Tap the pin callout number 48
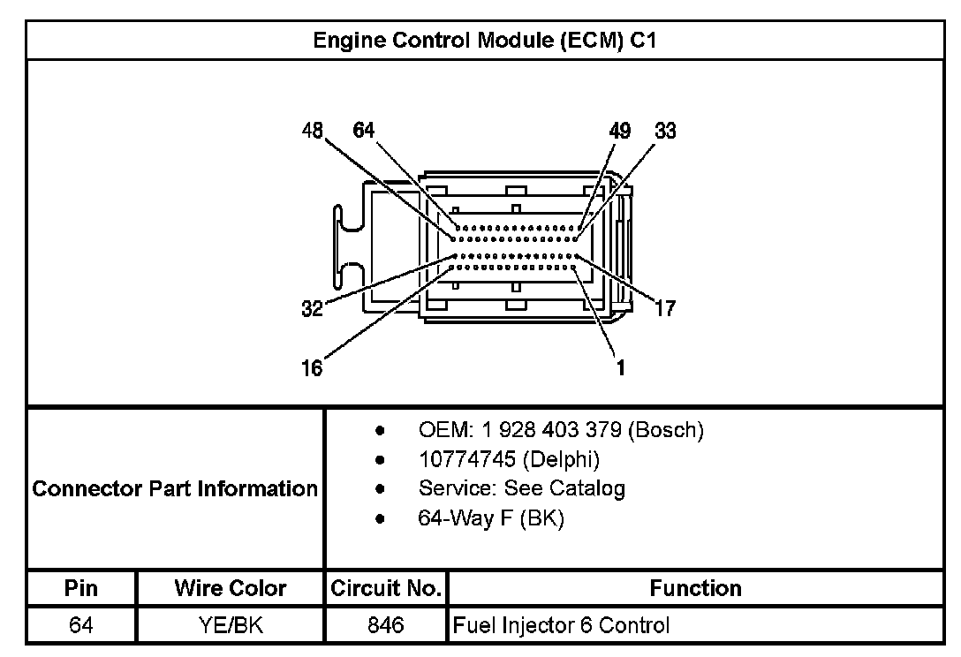click(x=313, y=132)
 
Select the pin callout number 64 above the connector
click(x=364, y=132)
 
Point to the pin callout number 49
click(x=620, y=132)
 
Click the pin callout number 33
click(x=666, y=132)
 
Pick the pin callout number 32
click(x=312, y=309)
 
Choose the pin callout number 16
click(x=312, y=368)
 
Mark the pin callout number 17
click(x=665, y=308)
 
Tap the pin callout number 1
click(x=621, y=368)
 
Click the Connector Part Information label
click(x=175, y=488)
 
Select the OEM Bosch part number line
click(x=561, y=431)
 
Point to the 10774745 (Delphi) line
click(x=509, y=459)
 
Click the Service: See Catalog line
click(x=521, y=488)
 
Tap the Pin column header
click(x=81, y=588)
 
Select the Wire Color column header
click(x=231, y=588)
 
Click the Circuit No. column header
click(x=385, y=588)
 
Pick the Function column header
click(x=696, y=588)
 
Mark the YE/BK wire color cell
click(x=231, y=626)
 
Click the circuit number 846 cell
click(x=385, y=626)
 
